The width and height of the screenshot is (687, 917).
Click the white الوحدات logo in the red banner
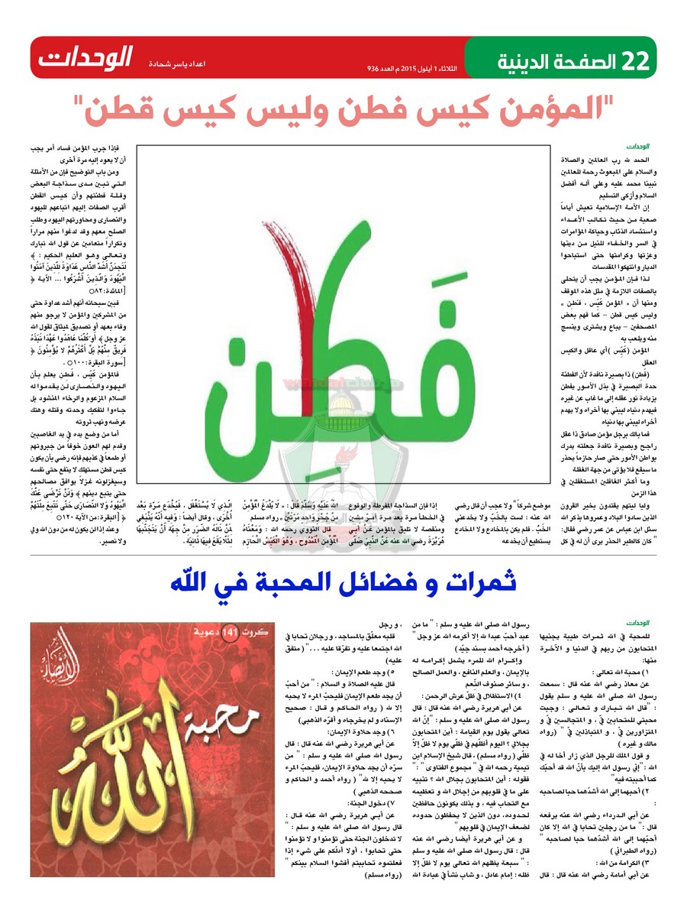(86, 57)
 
